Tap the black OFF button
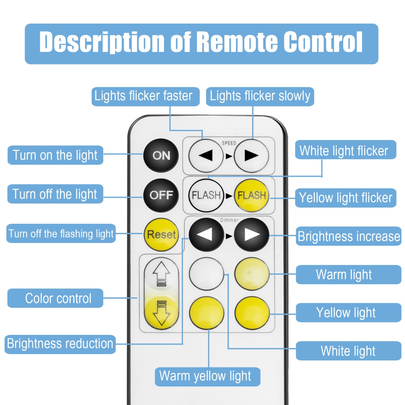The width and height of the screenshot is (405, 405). [161, 195]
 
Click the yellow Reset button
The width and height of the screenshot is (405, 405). [161, 235]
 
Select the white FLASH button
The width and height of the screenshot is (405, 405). [206, 195]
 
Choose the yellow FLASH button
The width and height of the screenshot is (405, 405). [251, 195]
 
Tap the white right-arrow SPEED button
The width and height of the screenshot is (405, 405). [251, 156]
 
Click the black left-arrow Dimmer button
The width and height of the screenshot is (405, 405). [206, 235]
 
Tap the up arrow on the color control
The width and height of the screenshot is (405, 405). [161, 274]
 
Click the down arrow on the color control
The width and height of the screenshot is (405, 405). [161, 313]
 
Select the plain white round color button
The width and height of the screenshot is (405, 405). [206, 273]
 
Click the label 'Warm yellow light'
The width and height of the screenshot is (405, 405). [207, 376]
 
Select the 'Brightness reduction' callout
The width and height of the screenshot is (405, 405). [60, 344]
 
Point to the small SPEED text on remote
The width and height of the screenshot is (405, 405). [229, 143]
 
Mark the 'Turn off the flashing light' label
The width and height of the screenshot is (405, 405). [61, 234]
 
